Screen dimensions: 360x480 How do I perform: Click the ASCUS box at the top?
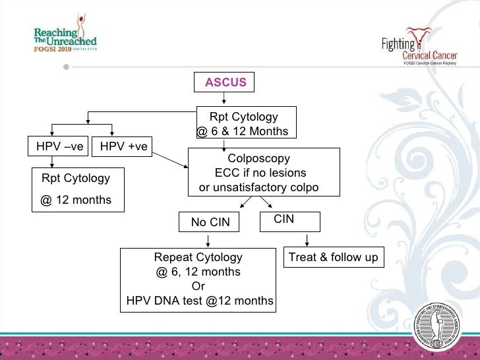[225, 82]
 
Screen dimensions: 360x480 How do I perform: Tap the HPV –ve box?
[59, 146]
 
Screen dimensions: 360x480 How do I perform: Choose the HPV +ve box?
[123, 146]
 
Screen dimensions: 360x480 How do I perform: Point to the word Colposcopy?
[258, 159]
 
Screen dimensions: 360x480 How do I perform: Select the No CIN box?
[210, 222]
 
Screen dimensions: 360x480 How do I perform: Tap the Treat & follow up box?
[334, 257]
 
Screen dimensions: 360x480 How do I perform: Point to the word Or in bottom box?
[198, 287]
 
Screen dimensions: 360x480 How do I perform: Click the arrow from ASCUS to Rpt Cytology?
[225, 98]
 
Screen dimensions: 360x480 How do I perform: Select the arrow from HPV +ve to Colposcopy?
[169, 158]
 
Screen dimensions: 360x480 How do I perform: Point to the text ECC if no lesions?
[260, 173]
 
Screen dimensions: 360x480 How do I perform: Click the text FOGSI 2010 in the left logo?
[53, 48]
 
